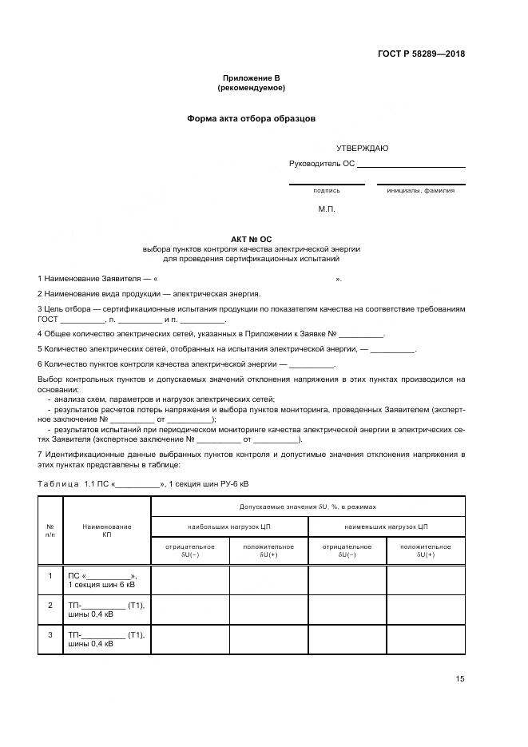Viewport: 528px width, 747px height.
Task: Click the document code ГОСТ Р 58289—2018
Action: pyautogui.click(x=421, y=54)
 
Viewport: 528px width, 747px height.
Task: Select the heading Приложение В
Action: pyautogui.click(x=252, y=78)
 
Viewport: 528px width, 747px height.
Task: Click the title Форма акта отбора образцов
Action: pyautogui.click(x=252, y=118)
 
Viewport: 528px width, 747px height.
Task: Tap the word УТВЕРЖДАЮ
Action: pyautogui.click(x=362, y=148)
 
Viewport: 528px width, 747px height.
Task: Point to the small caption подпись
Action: pyautogui.click(x=326, y=191)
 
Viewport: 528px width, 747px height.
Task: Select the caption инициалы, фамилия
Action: pyautogui.click(x=420, y=191)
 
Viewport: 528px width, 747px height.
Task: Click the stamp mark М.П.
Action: pyautogui.click(x=327, y=209)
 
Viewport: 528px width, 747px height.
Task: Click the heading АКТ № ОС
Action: pyautogui.click(x=252, y=239)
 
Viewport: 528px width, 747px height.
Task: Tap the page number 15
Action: pyautogui.click(x=460, y=679)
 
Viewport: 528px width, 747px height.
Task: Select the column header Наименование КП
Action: pyautogui.click(x=106, y=531)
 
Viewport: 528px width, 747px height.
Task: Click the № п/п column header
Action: pyautogui.click(x=50, y=531)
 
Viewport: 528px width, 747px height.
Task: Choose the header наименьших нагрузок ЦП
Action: pyautogui.click(x=386, y=527)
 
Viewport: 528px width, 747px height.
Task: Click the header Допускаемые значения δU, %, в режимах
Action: pyautogui.click(x=308, y=507)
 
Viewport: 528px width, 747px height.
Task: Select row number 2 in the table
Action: pyautogui.click(x=50, y=605)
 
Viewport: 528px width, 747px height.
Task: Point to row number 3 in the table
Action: pyautogui.click(x=50, y=635)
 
